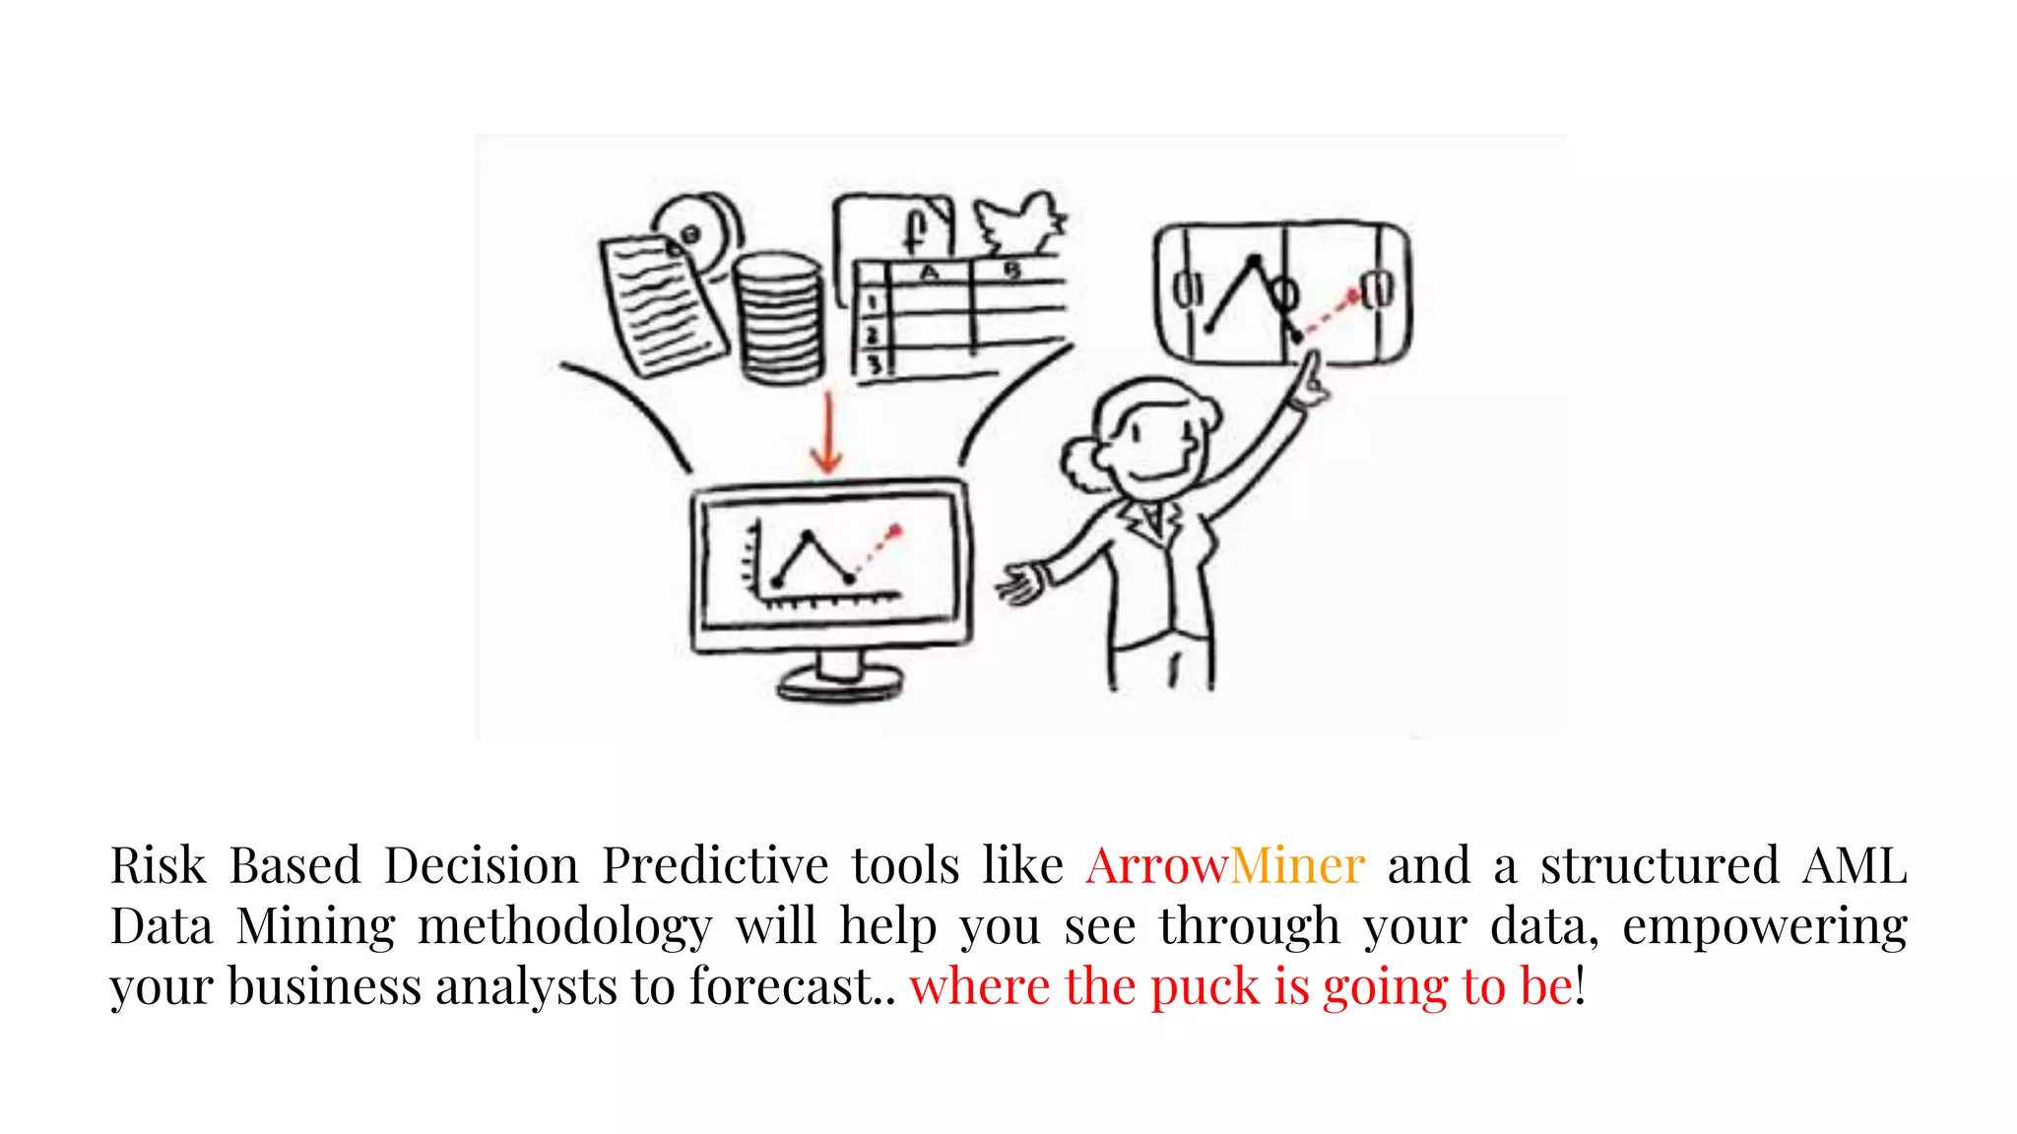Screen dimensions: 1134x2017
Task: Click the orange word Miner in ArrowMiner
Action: (1297, 866)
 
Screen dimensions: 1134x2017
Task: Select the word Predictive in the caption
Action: (715, 866)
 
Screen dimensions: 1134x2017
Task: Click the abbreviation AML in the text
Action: (1854, 866)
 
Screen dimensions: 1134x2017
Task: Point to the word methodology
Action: (564, 927)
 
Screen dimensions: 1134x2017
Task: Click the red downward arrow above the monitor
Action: (827, 433)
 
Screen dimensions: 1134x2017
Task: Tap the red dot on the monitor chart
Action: (895, 532)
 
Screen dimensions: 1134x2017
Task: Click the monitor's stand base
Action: (840, 680)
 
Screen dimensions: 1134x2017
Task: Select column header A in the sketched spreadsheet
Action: (929, 273)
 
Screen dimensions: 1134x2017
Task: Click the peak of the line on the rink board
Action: (1254, 261)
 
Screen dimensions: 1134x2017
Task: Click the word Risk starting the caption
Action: (158, 866)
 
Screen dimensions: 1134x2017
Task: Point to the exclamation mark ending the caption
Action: (1581, 986)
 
